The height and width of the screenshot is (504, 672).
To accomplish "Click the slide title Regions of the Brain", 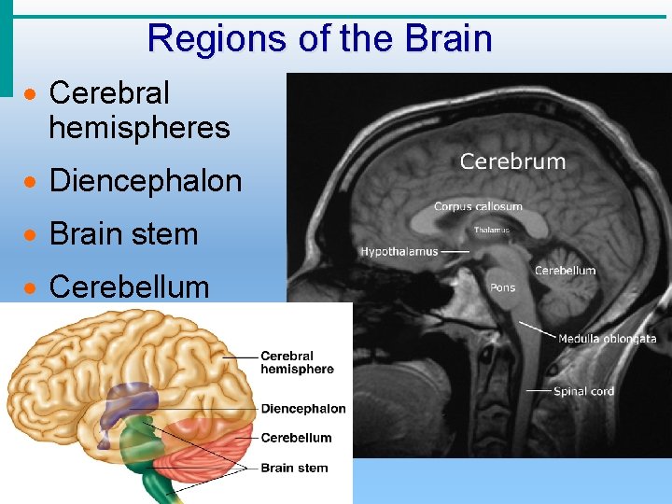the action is click(x=319, y=39).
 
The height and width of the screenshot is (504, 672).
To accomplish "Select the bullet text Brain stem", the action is click(x=123, y=233).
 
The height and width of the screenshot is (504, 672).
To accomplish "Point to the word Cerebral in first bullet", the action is click(x=109, y=93).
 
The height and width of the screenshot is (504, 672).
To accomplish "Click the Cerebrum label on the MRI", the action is click(x=512, y=161).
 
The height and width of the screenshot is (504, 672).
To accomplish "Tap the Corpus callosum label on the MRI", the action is click(x=478, y=206).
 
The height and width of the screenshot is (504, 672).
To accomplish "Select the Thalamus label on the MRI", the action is click(x=492, y=230).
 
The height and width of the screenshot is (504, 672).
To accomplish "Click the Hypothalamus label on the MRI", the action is click(x=399, y=252).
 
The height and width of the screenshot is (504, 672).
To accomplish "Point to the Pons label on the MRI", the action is click(x=502, y=287).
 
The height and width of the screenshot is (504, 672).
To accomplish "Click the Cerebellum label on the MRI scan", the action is click(x=565, y=271).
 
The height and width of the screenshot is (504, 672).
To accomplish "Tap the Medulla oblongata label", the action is click(x=607, y=339).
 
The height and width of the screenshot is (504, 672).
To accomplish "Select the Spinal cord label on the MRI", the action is click(x=583, y=391).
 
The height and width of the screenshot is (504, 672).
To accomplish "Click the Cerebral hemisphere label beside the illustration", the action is click(x=297, y=362).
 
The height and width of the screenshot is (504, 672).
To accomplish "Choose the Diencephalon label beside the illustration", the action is click(x=303, y=409).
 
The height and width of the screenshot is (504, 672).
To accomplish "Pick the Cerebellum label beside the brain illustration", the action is click(x=296, y=438).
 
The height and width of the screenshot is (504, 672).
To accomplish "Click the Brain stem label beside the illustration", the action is click(x=294, y=468).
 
